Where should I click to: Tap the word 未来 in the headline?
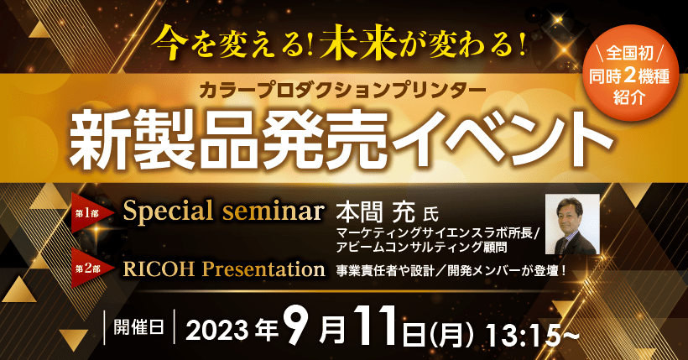tap(358, 42)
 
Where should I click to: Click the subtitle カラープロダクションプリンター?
tap(342, 90)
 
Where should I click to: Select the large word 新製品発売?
tap(228, 140)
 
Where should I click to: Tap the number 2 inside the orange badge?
tap(629, 76)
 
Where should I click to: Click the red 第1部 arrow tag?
tap(92, 214)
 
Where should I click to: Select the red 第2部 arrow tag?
tap(92, 269)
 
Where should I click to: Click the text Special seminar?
tap(224, 211)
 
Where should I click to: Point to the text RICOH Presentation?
tap(224, 269)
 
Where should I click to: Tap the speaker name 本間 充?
tap(376, 214)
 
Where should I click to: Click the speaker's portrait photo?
tap(572, 224)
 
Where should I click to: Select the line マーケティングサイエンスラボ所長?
tap(435, 232)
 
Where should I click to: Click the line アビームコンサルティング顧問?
tap(422, 248)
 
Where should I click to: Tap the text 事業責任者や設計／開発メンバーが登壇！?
tap(451, 271)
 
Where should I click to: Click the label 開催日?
tap(139, 327)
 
